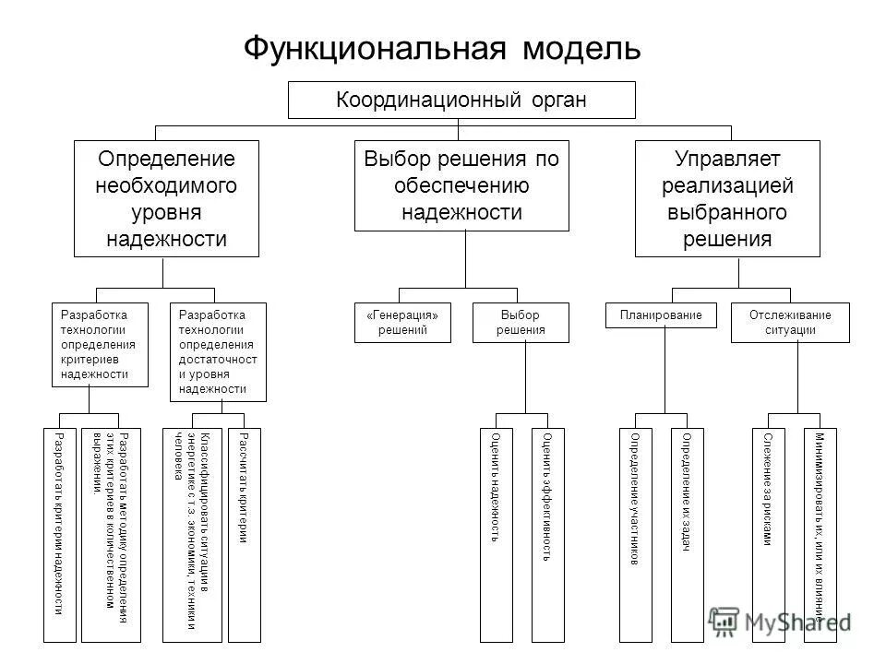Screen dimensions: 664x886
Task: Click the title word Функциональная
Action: (x=374, y=47)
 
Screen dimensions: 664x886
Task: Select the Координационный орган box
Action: (x=461, y=100)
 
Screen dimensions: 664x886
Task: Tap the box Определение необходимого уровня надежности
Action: (x=166, y=198)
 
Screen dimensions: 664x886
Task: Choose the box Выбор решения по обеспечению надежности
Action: (x=461, y=185)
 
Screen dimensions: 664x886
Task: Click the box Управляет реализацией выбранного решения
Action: (x=727, y=198)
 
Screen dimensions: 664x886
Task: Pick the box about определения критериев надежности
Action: (x=90, y=344)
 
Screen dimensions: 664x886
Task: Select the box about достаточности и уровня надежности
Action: (x=218, y=351)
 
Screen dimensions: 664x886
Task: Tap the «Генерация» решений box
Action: (x=403, y=323)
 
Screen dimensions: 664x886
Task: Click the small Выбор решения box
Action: (x=521, y=323)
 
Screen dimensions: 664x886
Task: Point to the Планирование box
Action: (x=662, y=315)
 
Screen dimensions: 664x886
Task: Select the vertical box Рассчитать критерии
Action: (x=244, y=535)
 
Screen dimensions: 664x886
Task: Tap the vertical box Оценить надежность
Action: (x=497, y=535)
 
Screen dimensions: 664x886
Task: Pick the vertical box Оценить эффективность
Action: (x=547, y=535)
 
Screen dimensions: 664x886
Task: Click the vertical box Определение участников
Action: (x=634, y=535)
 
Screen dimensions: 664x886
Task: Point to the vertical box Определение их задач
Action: (x=687, y=535)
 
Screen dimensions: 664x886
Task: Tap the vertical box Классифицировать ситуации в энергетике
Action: (x=192, y=535)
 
